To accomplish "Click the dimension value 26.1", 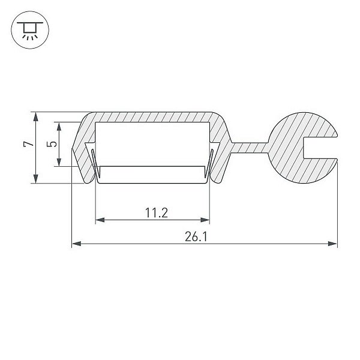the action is (196, 237).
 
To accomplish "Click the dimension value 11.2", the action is (157, 212).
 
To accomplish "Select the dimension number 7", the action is (29, 144).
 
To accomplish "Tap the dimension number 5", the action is (52, 144).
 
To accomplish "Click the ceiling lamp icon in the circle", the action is (30, 30).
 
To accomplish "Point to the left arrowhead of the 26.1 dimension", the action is (76, 244).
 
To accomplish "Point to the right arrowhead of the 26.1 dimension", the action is (332, 244).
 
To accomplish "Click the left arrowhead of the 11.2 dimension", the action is (100, 220).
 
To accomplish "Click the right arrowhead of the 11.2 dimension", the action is (205, 220).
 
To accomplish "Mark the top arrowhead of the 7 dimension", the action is (35, 116).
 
